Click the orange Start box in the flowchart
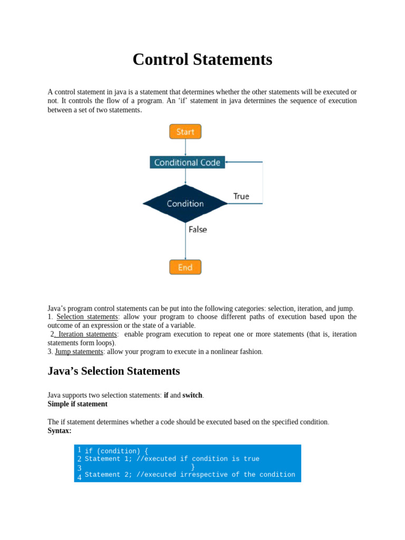click(185, 131)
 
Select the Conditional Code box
click(187, 162)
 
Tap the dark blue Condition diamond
click(185, 204)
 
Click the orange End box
click(185, 267)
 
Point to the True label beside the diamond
click(241, 196)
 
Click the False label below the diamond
click(198, 229)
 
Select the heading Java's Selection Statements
click(113, 371)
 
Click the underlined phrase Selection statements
click(87, 317)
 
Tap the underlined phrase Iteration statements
click(87, 334)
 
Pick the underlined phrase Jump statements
click(79, 352)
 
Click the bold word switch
click(192, 395)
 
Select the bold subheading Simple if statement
click(78, 404)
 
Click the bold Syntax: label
click(60, 431)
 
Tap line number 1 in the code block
click(79, 450)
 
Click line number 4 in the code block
click(79, 477)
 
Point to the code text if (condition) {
click(117, 451)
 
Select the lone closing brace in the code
click(193, 467)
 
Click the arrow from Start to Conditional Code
click(185, 147)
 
